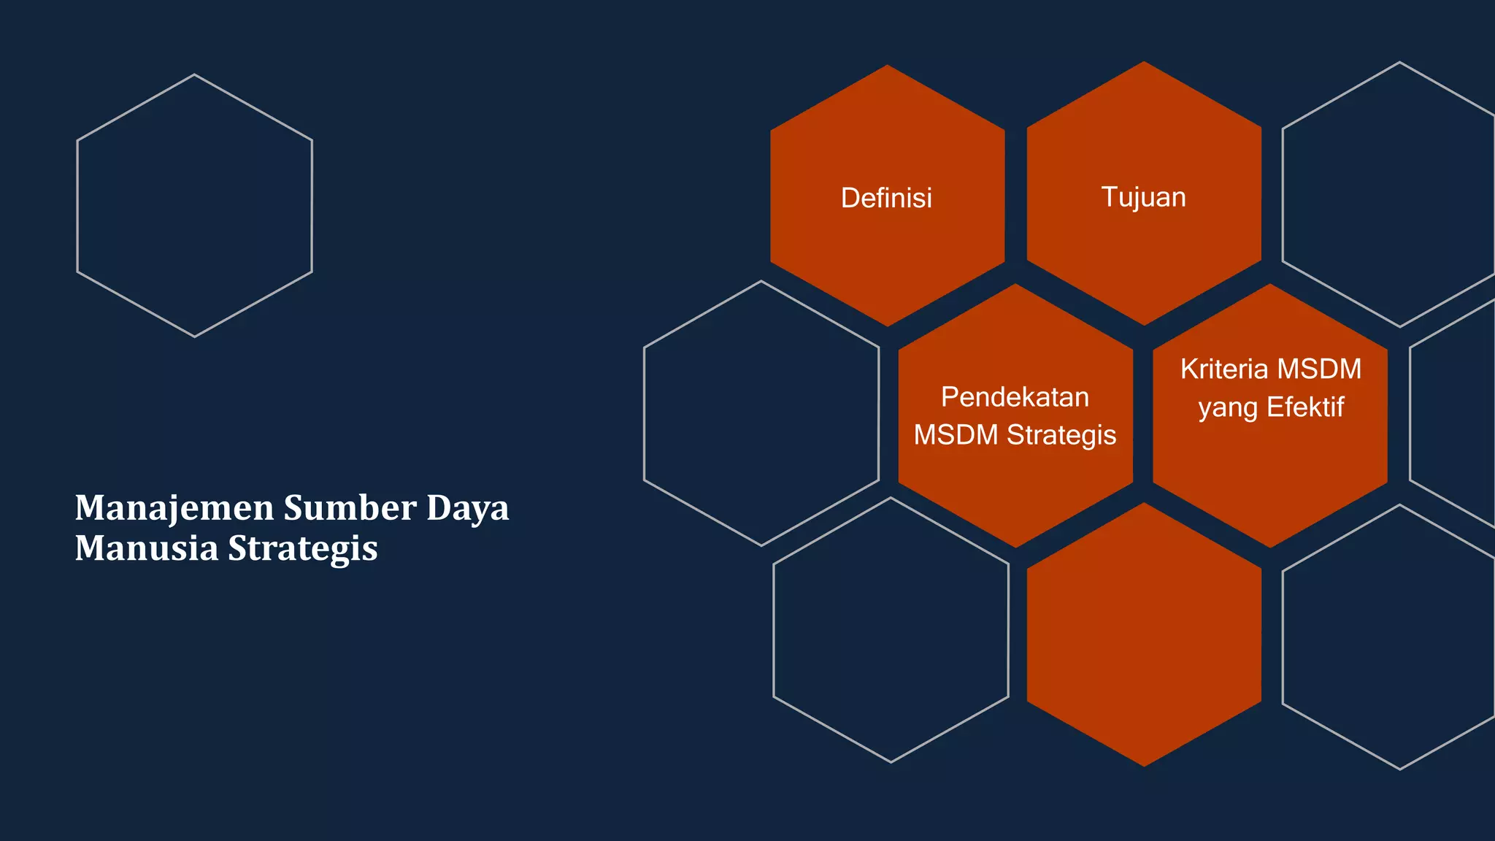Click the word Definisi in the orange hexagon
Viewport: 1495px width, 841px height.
(886, 198)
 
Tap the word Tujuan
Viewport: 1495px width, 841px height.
(1143, 197)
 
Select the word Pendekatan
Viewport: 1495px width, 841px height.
(1015, 397)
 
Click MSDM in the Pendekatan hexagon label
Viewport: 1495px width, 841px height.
(956, 435)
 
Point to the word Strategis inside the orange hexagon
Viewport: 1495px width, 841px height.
(1061, 435)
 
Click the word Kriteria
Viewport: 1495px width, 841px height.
(1223, 369)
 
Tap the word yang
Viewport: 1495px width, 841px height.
(1229, 407)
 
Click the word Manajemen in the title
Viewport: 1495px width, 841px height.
(174, 508)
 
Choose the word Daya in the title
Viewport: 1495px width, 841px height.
(467, 508)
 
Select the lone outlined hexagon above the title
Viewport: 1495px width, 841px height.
(194, 205)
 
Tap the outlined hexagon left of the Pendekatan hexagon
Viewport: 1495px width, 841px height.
(761, 413)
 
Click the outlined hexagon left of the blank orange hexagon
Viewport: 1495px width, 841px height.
(891, 629)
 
